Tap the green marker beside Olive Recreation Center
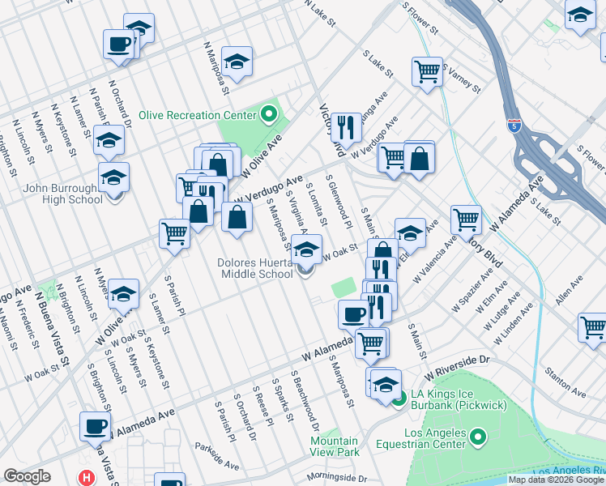[x=271, y=116]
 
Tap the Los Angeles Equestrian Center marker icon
[x=478, y=438]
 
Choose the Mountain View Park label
[x=335, y=446]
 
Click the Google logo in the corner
[x=28, y=476]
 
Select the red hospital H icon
[x=86, y=478]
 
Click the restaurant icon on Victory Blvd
[x=346, y=126]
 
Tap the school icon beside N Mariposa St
[x=237, y=61]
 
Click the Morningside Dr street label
[x=336, y=478]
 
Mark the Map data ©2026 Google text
[x=556, y=480]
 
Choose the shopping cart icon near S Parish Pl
[x=175, y=233]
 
